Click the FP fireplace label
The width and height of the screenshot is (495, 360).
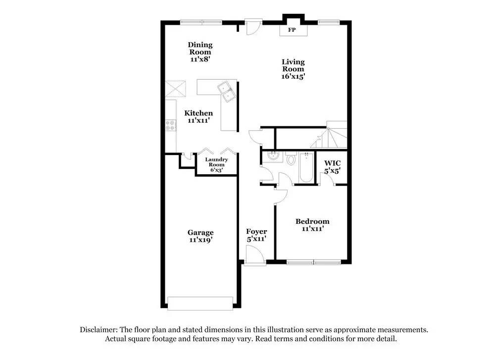292,30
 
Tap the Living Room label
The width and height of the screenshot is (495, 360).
293,69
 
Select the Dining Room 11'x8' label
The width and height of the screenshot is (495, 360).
200,52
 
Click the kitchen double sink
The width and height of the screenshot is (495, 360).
227,91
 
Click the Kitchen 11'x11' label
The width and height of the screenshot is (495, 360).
198,116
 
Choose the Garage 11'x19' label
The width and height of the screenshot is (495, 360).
200,236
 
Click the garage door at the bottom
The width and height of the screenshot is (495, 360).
200,303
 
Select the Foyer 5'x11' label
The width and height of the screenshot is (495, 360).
256,235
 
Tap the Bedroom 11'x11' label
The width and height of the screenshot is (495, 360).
312,225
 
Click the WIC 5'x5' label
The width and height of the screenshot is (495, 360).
332,166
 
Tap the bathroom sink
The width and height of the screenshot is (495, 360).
272,156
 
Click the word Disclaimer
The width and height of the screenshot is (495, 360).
97,330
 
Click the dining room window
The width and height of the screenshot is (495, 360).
201,21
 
